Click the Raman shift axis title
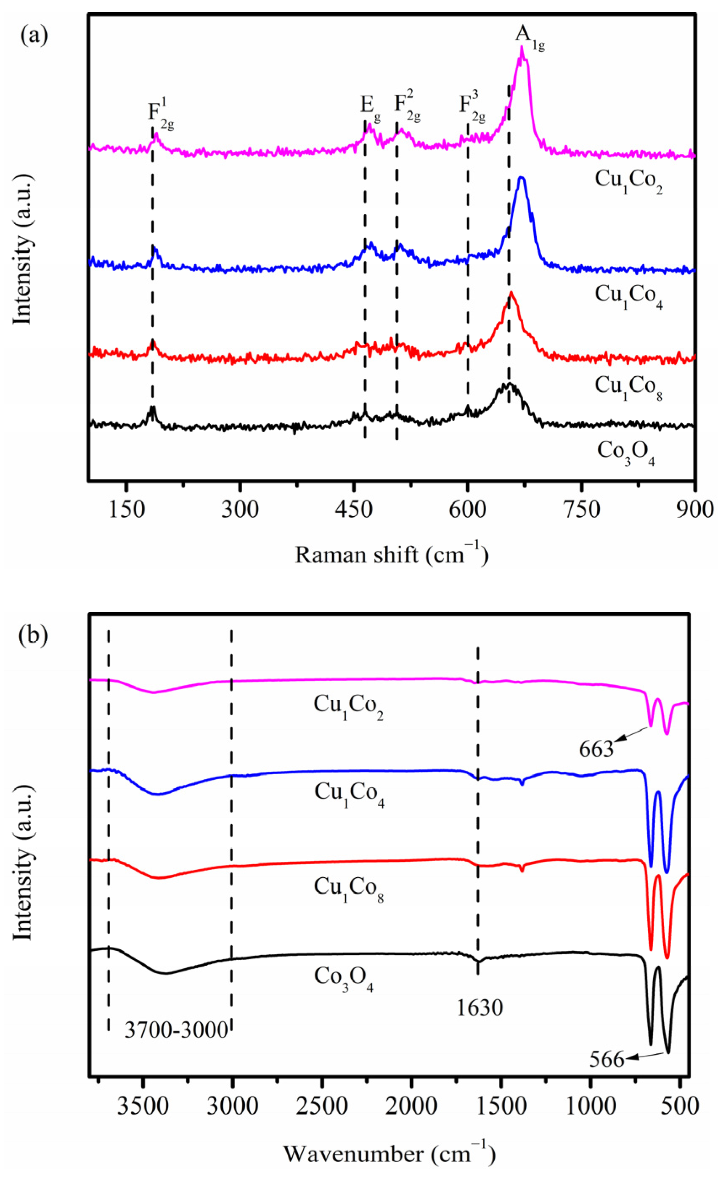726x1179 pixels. (391, 555)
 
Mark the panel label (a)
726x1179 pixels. (34, 36)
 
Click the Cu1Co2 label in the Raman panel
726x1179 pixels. (628, 181)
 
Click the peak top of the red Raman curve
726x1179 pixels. (511, 292)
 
